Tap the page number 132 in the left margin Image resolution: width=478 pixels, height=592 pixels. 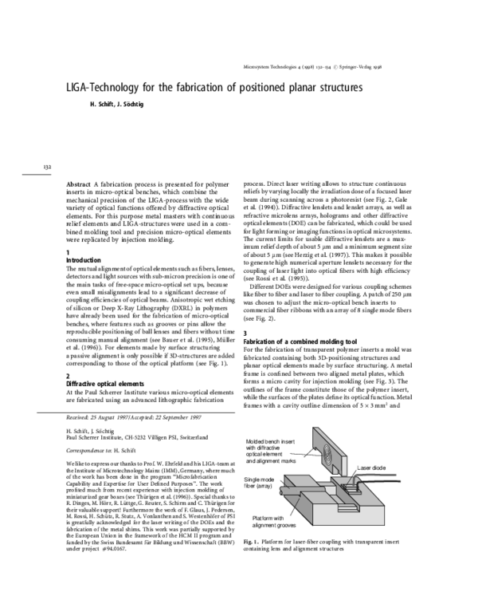click(x=47, y=167)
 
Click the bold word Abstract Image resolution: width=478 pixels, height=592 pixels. click(x=79, y=184)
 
